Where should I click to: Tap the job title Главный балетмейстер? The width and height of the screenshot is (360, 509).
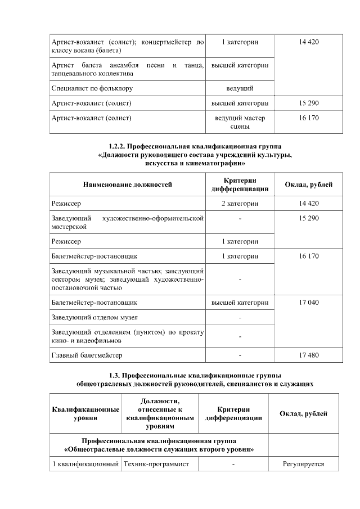[87, 355]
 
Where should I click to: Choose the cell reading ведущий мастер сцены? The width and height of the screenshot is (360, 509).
[240, 123]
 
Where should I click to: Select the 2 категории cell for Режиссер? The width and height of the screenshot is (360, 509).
[240, 203]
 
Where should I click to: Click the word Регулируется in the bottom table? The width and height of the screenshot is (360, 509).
[304, 464]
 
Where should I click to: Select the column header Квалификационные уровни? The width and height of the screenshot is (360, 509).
[85, 415]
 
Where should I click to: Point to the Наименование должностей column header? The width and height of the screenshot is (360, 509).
[127, 184]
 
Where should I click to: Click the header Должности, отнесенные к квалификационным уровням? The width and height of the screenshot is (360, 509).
[160, 414]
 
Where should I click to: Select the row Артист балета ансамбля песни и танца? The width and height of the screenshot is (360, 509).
[127, 70]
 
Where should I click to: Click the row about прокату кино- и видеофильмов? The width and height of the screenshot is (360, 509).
[127, 336]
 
